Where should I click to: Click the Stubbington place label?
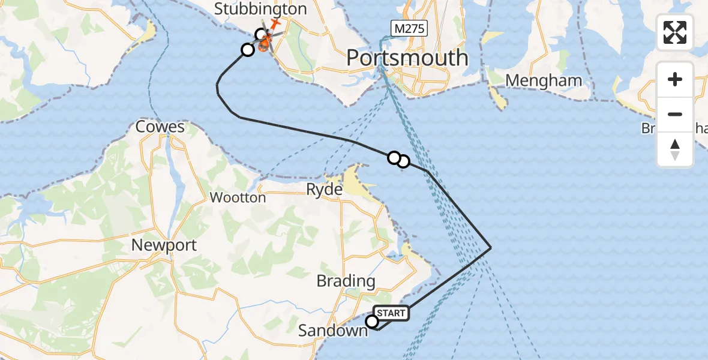tap(260, 9)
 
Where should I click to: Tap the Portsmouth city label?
tap(407, 58)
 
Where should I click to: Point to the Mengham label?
tap(544, 80)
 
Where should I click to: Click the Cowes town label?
tap(160, 127)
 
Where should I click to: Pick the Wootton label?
tap(238, 197)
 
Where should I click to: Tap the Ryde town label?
tap(324, 190)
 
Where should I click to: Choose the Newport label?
tap(164, 245)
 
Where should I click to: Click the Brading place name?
tap(346, 281)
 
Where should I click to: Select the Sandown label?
tap(332, 331)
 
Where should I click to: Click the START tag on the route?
tap(392, 313)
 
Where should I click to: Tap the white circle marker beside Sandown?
tap(372, 322)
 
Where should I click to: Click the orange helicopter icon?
tap(265, 43)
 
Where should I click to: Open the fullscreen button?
tap(675, 32)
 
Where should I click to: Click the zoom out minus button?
tap(675, 114)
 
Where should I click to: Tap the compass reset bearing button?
tap(675, 149)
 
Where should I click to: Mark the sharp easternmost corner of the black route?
tap(491, 248)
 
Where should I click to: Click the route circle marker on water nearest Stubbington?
tap(248, 50)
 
